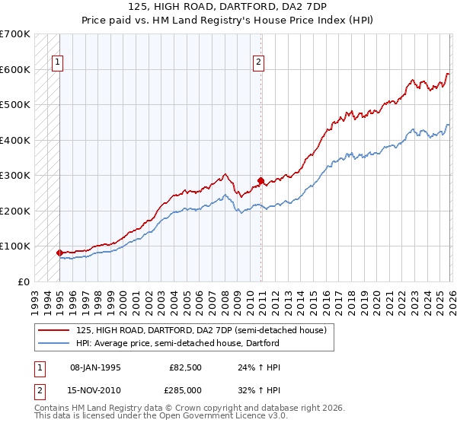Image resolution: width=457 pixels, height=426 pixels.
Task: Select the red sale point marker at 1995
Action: pyautogui.click(x=59, y=252)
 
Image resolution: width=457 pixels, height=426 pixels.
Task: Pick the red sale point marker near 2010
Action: pyautogui.click(x=260, y=181)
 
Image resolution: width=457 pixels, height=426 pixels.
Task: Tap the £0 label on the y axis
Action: pyautogui.click(x=23, y=281)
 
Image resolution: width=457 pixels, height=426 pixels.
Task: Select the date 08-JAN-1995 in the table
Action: pyautogui.click(x=95, y=366)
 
